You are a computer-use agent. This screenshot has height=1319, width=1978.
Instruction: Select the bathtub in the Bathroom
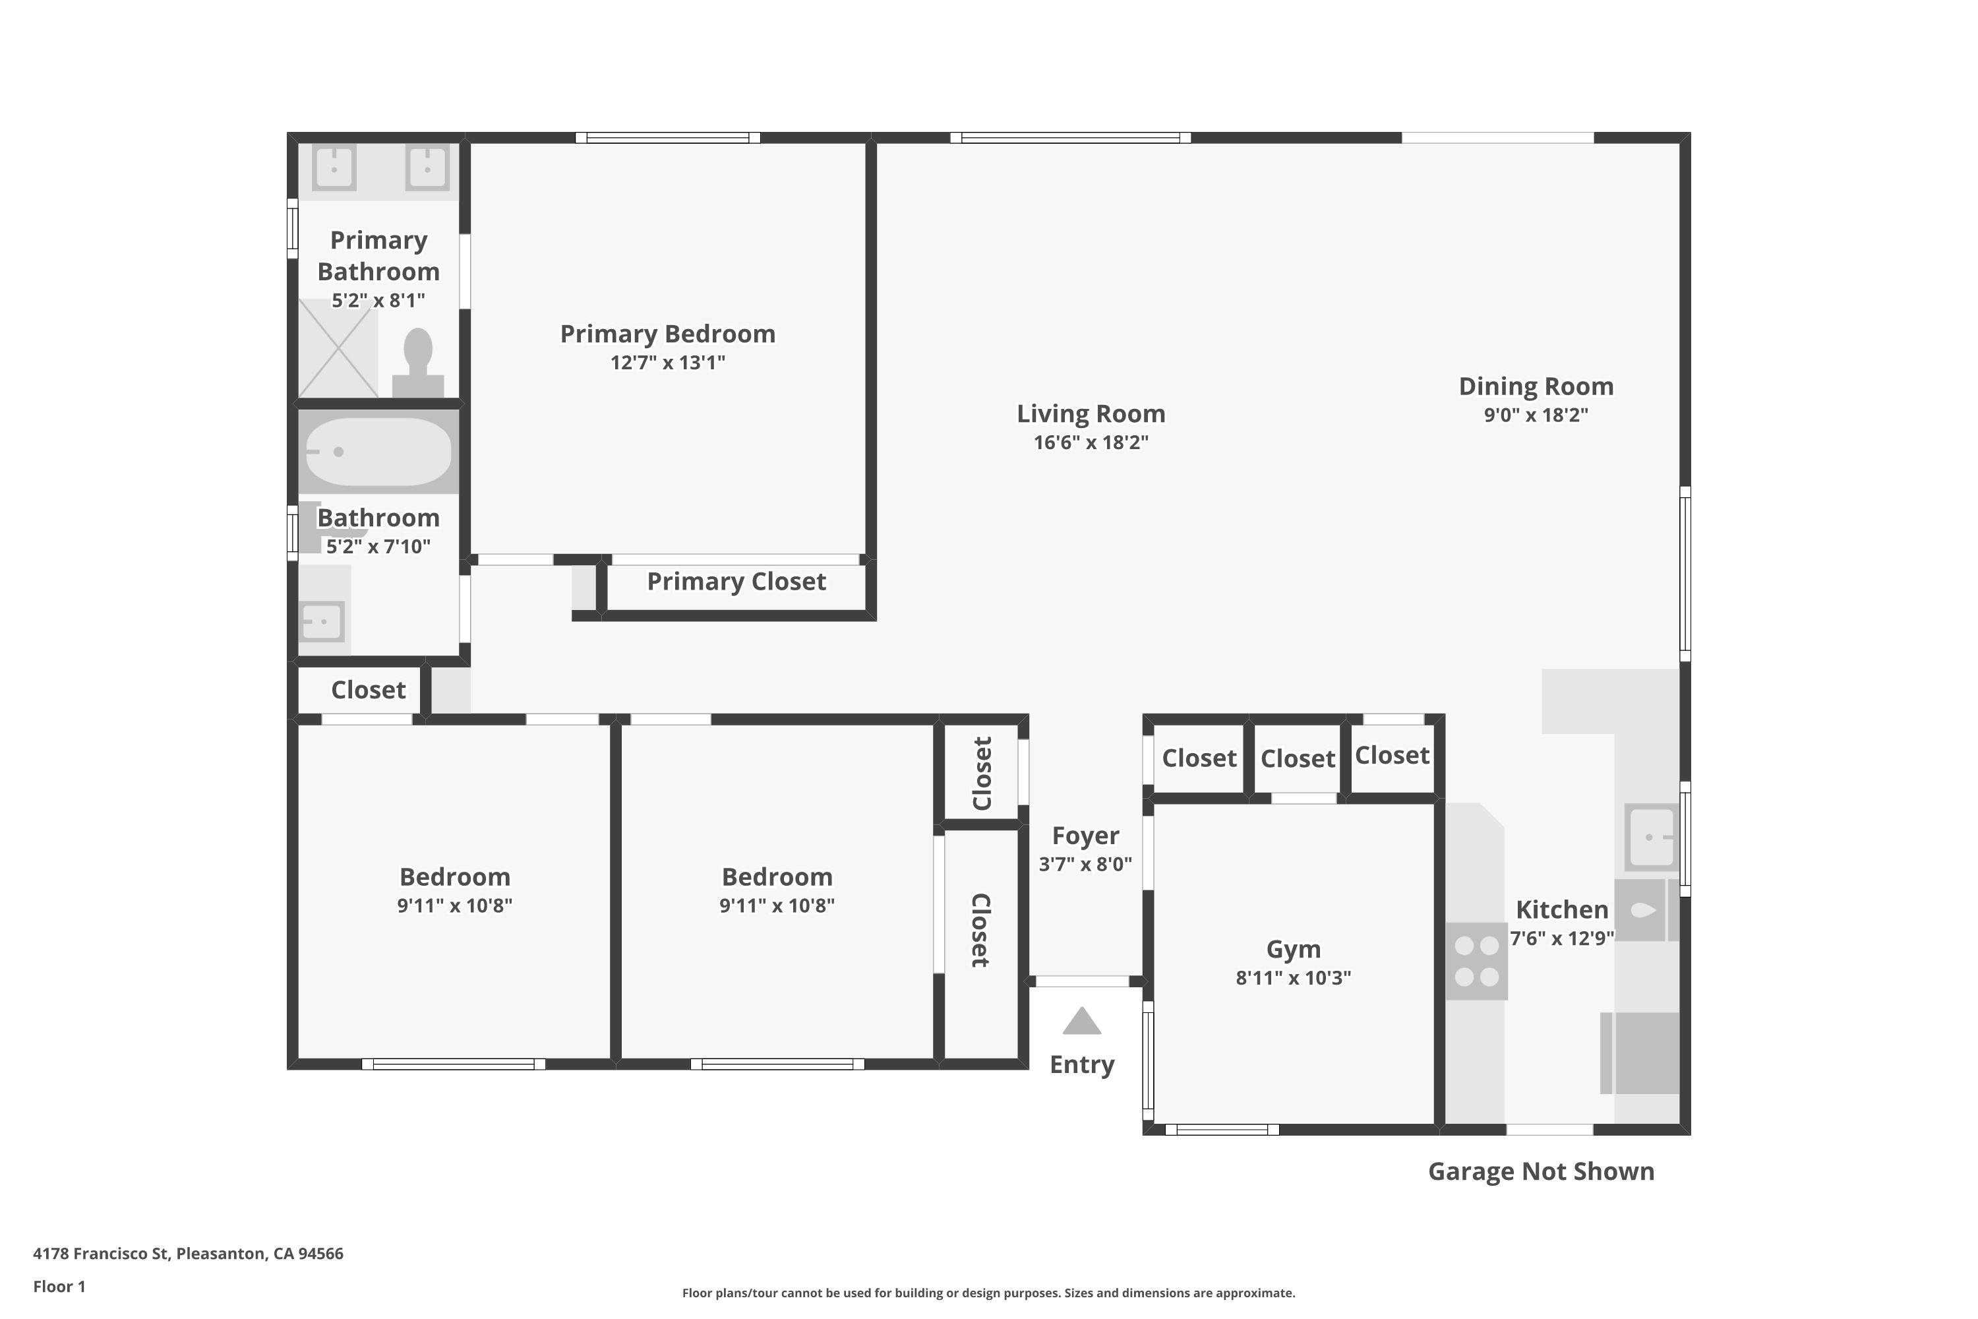pyautogui.click(x=378, y=452)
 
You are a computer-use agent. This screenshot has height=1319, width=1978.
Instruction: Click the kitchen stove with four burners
pyautogui.click(x=1476, y=962)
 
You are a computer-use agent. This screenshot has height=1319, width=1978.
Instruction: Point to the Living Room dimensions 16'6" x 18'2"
pyautogui.click(x=1091, y=443)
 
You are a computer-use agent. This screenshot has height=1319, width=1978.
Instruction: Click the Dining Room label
pyautogui.click(x=1536, y=386)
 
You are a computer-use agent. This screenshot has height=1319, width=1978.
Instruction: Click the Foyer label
pyautogui.click(x=1085, y=836)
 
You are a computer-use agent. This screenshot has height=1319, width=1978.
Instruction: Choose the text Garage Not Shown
pyautogui.click(x=1541, y=1171)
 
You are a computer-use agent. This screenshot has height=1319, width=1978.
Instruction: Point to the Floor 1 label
pyautogui.click(x=59, y=1286)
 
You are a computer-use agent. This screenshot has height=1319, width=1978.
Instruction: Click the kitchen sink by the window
pyautogui.click(x=1650, y=837)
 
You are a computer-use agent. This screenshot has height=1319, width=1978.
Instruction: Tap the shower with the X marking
pyautogui.click(x=338, y=348)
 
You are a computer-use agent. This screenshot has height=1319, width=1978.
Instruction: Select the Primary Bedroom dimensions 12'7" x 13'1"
pyautogui.click(x=668, y=363)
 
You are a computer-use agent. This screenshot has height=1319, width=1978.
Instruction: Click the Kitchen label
pyautogui.click(x=1562, y=909)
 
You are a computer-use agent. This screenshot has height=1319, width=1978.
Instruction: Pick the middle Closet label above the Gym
pyautogui.click(x=1297, y=759)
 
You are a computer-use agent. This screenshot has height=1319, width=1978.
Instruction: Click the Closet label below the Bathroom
pyautogui.click(x=369, y=690)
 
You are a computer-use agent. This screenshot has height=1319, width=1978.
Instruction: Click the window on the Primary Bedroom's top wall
pyautogui.click(x=668, y=138)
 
